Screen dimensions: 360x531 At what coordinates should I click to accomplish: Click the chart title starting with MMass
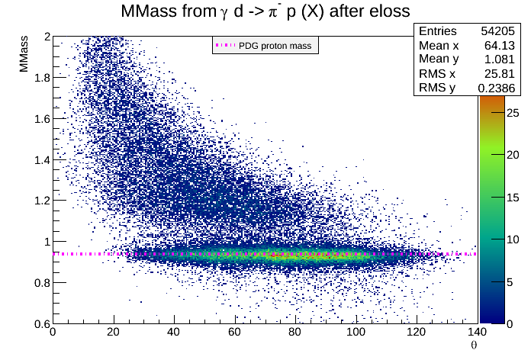(265, 11)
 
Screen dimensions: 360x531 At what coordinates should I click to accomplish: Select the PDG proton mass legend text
(275, 46)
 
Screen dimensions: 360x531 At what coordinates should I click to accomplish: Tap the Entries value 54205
(499, 31)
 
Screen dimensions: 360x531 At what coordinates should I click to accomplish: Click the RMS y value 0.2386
(499, 88)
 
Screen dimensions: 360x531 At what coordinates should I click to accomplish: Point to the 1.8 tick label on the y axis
(40, 78)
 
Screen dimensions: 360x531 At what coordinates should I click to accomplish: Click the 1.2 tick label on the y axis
(40, 201)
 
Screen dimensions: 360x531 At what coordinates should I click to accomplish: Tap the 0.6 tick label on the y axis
(40, 323)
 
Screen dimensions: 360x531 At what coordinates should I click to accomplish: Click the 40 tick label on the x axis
(173, 333)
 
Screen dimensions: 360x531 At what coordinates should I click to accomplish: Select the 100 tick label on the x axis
(356, 333)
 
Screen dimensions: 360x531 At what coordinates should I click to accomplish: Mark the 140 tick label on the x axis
(477, 333)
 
